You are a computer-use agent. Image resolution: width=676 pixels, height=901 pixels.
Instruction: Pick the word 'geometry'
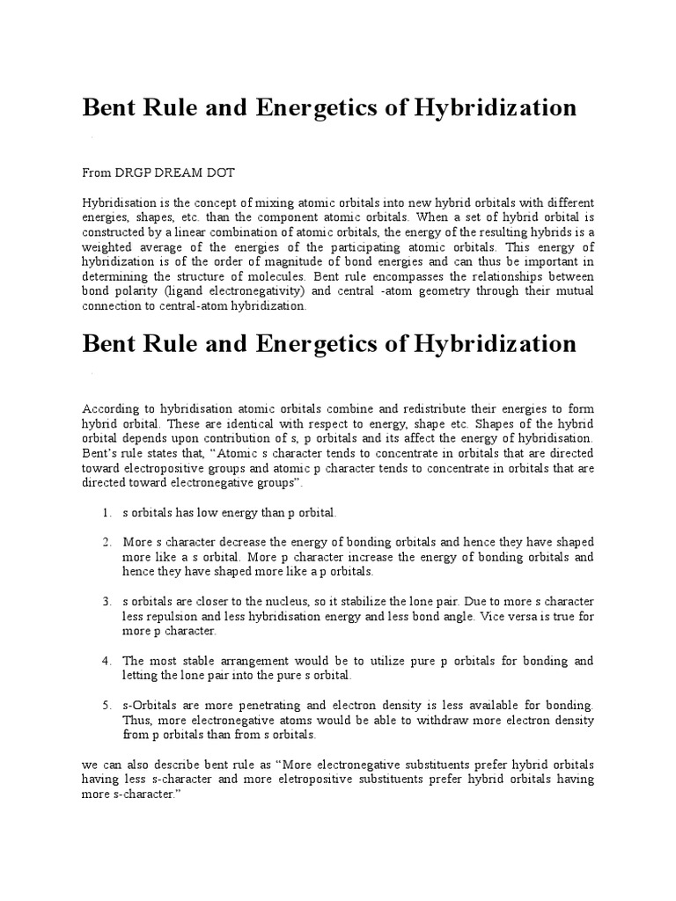pos(401,292)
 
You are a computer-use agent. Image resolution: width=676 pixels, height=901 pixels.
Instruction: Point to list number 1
pos(106,512)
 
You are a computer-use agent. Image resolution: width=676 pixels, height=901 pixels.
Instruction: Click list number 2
pos(106,543)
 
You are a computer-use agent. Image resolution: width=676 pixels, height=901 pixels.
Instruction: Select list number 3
pos(106,603)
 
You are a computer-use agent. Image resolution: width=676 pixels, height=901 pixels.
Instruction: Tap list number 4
pos(106,661)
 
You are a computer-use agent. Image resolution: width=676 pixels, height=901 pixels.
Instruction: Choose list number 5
pos(106,707)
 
